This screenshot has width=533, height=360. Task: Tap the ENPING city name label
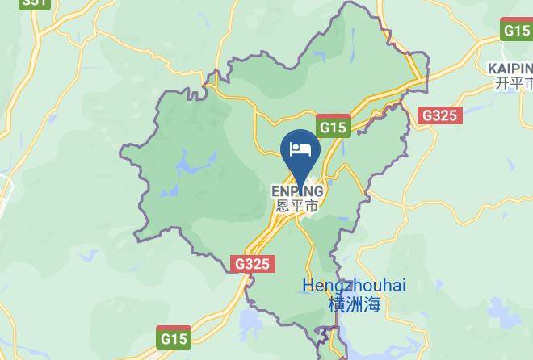click(x=297, y=191)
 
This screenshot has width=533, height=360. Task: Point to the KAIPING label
click(x=510, y=68)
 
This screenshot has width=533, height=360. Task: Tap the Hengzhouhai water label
click(x=355, y=286)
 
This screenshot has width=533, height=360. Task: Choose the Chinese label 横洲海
click(x=355, y=304)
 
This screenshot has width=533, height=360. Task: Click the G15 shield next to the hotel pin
click(x=333, y=128)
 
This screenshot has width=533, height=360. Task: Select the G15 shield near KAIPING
click(x=516, y=31)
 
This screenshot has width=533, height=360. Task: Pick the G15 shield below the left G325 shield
click(x=174, y=338)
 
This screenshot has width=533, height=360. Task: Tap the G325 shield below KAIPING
click(x=440, y=115)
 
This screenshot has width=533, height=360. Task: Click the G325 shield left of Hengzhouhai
click(x=254, y=264)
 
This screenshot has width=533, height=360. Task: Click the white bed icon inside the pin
click(x=300, y=149)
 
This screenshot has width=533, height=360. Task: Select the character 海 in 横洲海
click(x=371, y=304)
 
